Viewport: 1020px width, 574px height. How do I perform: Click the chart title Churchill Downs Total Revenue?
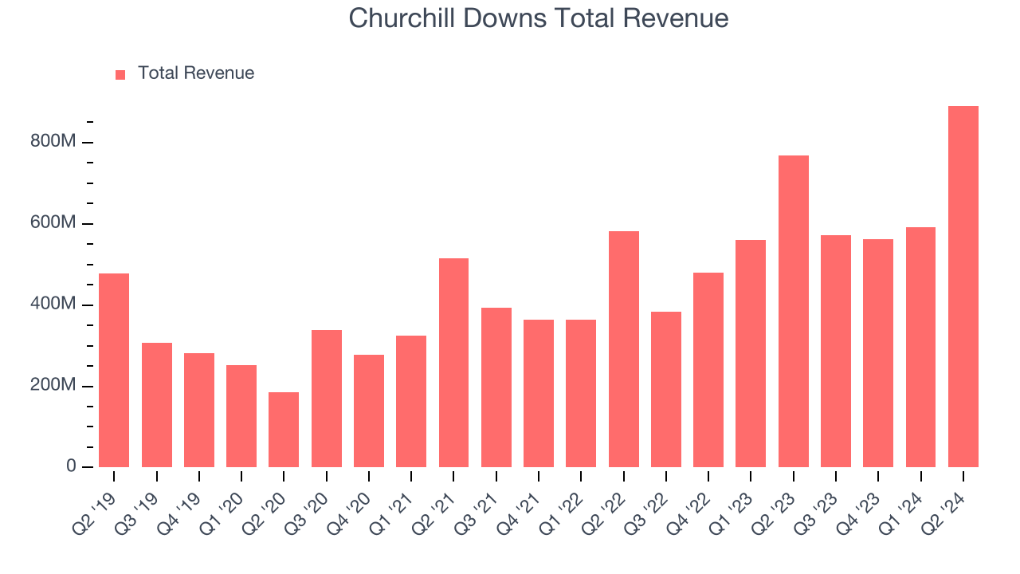point(539,18)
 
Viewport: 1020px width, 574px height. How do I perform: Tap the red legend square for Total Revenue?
point(120,74)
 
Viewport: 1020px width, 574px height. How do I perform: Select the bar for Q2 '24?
point(963,286)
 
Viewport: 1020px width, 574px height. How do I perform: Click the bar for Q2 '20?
point(284,430)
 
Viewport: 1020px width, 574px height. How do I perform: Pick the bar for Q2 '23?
point(793,311)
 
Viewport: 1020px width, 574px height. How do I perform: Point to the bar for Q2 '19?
point(114,370)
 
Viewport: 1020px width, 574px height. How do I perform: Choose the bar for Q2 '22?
point(623,349)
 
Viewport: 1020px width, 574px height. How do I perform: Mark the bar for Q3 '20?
point(326,399)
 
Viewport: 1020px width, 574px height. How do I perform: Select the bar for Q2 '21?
point(453,363)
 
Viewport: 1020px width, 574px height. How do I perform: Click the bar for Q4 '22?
point(708,370)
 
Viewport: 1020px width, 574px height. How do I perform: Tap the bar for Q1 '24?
point(920,347)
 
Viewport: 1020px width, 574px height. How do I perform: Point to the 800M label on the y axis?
point(53,142)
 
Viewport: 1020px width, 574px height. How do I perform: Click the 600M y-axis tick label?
point(53,223)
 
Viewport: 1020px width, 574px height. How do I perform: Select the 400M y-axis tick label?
point(53,305)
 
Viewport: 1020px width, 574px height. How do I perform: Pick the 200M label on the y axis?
point(53,386)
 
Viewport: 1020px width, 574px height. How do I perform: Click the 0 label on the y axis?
point(71,466)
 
